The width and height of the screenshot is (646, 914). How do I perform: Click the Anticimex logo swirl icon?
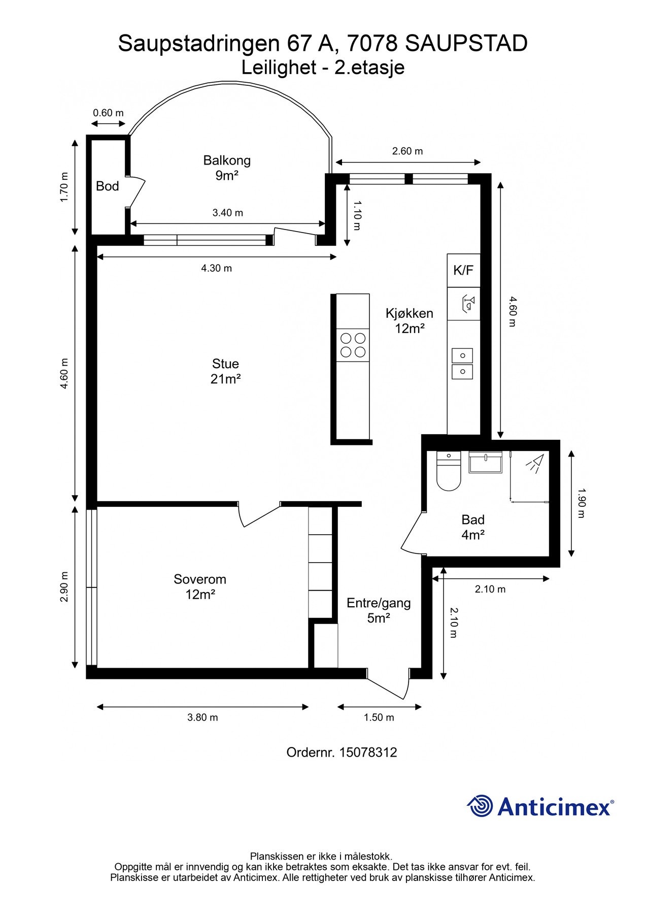tap(480, 806)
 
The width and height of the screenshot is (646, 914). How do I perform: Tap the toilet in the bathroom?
tap(448, 471)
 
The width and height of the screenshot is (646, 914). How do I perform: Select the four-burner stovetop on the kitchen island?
tap(353, 345)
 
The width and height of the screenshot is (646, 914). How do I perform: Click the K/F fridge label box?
tap(463, 270)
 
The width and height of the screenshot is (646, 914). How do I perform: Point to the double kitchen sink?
tap(462, 364)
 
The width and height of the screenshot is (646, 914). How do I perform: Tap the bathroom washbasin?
tap(486, 462)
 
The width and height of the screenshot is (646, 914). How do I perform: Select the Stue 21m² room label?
tap(225, 371)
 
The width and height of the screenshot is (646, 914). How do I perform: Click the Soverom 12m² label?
tap(200, 586)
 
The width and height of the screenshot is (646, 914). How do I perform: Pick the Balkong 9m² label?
tap(227, 168)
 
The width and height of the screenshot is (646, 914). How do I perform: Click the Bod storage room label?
tap(107, 186)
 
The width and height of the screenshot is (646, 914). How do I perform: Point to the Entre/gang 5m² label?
tap(379, 610)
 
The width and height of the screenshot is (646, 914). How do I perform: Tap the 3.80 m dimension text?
tap(202, 717)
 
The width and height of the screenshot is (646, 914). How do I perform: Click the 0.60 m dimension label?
tap(108, 113)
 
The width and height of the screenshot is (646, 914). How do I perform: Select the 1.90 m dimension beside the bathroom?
tap(582, 503)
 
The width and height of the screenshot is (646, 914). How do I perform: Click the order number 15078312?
tap(368, 752)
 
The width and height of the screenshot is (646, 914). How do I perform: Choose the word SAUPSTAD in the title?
tap(467, 44)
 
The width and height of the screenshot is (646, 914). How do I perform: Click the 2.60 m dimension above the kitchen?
tap(407, 151)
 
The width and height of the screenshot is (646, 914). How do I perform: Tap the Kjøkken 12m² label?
tap(410, 321)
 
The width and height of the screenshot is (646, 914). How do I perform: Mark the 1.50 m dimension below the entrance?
tap(379, 717)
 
